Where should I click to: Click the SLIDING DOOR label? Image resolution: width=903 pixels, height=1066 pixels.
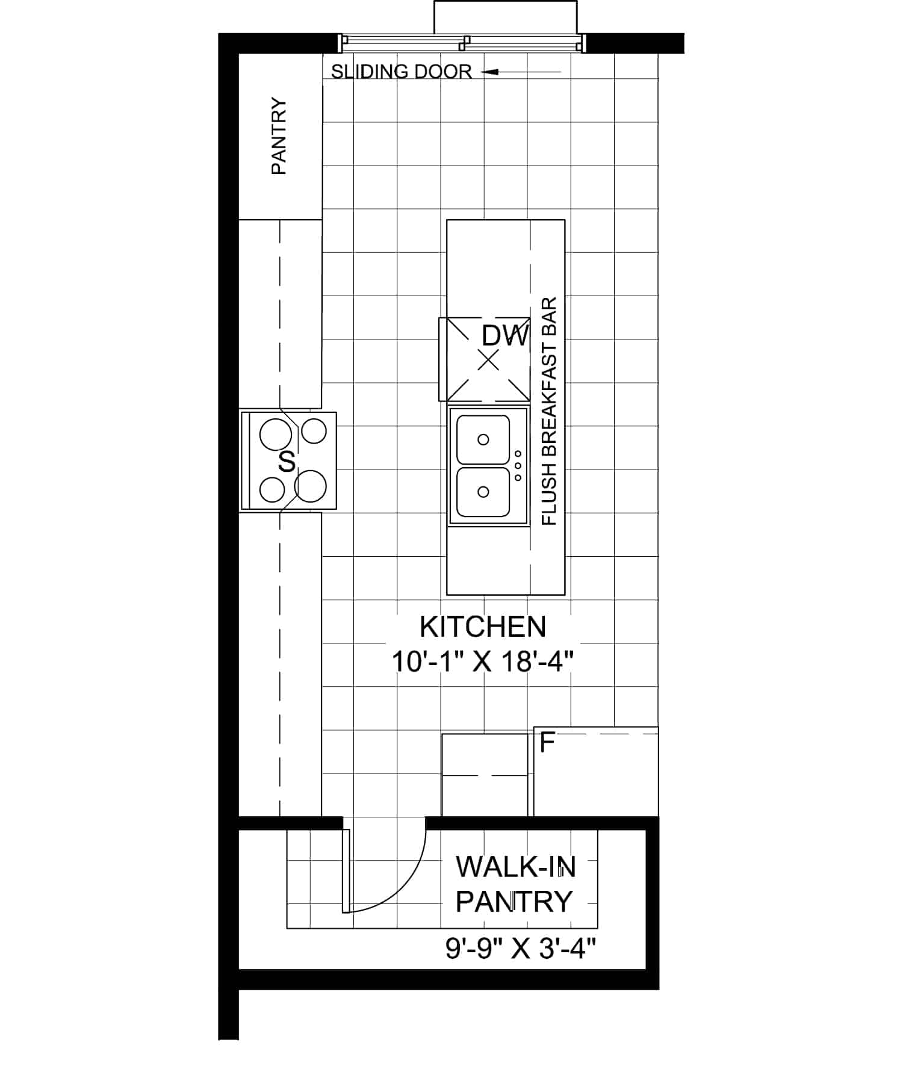(402, 72)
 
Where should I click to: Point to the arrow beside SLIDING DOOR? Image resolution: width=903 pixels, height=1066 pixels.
(521, 72)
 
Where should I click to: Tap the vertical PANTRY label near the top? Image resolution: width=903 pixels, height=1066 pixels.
(279, 136)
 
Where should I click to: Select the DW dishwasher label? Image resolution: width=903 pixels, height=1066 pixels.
(505, 336)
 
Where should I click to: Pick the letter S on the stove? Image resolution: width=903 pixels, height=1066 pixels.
(288, 462)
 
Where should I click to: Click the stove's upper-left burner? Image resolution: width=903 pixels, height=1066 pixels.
(275, 435)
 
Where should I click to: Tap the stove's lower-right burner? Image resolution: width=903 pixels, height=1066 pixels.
(311, 486)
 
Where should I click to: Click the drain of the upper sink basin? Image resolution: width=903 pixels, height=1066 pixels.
(483, 439)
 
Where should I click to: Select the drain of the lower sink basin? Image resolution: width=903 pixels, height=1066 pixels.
(483, 492)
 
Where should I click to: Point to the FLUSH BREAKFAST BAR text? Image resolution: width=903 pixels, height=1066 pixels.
(550, 412)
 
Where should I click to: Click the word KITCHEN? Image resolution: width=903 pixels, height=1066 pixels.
(483, 627)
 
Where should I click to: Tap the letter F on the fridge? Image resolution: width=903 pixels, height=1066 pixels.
(547, 743)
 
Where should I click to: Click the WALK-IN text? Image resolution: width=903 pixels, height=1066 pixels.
(516, 867)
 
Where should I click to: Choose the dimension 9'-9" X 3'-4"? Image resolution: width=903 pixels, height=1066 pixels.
(521, 950)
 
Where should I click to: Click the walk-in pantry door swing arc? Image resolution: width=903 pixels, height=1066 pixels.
(405, 888)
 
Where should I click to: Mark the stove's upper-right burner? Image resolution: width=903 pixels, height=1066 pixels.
(314, 431)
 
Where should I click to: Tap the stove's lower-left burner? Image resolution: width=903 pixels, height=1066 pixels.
(272, 489)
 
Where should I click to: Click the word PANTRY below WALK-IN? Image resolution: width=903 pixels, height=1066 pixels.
(514, 902)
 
